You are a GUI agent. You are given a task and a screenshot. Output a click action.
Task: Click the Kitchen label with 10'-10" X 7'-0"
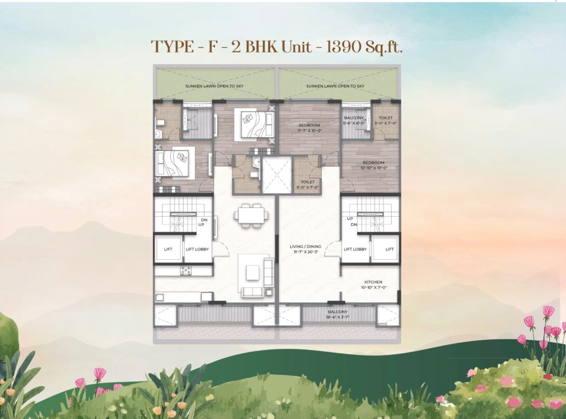(373, 284)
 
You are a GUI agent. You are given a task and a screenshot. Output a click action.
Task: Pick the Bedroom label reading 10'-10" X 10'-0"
(370, 165)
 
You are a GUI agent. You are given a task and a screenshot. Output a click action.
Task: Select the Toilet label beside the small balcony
(385, 121)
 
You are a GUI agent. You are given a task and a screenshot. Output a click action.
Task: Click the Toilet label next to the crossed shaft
(308, 184)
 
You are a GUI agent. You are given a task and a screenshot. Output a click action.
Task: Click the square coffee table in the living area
(253, 271)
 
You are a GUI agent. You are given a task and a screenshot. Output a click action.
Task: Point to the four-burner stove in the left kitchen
(186, 270)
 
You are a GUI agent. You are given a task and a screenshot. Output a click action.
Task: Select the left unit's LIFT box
(168, 249)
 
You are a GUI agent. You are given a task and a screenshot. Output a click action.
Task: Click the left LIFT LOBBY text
(198, 249)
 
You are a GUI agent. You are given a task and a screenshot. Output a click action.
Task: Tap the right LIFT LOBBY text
(355, 249)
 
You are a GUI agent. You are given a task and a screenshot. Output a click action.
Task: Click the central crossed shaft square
(276, 175)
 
